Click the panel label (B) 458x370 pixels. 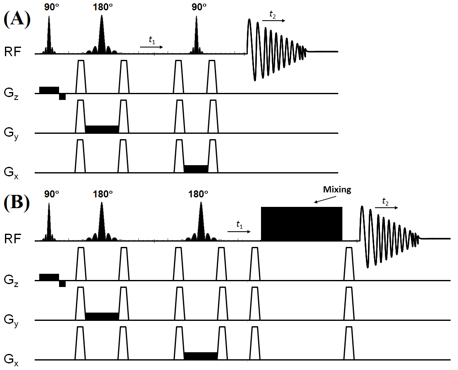pos(17,204)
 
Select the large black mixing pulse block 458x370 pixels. pos(301,223)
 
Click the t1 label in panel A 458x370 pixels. pos(152,40)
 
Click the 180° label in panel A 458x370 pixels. pos(102,8)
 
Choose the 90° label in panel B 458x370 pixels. pos(49,194)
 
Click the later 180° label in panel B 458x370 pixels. pos(198,194)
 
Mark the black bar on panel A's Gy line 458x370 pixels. pos(102,129)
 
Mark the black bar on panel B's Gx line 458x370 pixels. pos(200,356)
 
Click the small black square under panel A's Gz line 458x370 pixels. pos(62,97)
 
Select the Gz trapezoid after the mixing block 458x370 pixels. pos(349,264)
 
